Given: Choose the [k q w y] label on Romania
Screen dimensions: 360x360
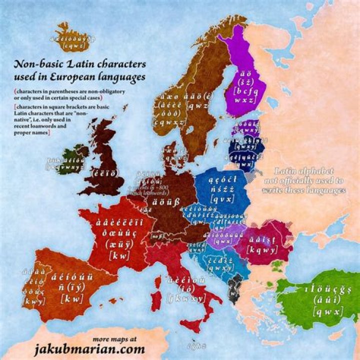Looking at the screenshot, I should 263,249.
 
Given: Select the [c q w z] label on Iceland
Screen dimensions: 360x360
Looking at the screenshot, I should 72,45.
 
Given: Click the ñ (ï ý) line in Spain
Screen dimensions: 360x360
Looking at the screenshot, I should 75,287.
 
